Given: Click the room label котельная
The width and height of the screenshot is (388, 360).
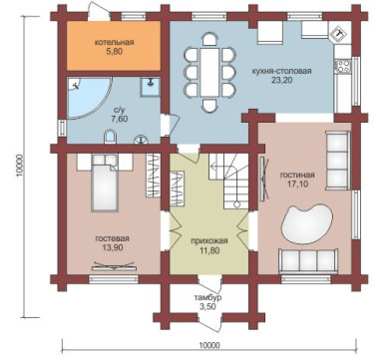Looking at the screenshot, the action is tap(114, 43).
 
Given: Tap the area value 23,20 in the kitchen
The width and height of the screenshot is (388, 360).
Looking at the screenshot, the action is tap(281, 80).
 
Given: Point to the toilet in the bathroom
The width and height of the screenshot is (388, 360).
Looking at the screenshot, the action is tap(110, 137).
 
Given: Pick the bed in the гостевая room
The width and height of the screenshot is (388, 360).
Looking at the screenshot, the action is tap(105, 185).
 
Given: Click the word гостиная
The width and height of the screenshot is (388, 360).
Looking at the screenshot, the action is tap(297, 176).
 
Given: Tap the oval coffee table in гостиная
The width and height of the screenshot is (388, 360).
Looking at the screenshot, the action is tap(307, 224).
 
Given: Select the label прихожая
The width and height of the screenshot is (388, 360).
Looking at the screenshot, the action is tap(209, 241).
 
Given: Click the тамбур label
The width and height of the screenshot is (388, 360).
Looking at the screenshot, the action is tap(207, 298).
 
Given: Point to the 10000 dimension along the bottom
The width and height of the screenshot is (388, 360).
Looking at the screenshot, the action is tap(209, 346).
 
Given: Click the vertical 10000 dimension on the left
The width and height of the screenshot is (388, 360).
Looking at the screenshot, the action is tap(20, 166).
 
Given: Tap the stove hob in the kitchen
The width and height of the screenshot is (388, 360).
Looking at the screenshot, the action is tap(343, 66).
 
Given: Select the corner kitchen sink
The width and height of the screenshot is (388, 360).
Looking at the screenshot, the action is tap(339, 33).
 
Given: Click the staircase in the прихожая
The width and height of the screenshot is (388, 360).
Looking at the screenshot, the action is tap(229, 181).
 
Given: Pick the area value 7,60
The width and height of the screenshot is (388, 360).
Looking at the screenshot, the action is tap(120, 119).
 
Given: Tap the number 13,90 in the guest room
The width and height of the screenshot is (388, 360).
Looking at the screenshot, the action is tap(113, 247).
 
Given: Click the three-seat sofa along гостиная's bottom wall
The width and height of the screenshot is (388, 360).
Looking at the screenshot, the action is tap(308, 261).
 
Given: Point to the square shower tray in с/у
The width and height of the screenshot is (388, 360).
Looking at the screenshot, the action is tap(150, 87).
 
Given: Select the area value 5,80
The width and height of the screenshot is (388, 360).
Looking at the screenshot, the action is tap(114, 52).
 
